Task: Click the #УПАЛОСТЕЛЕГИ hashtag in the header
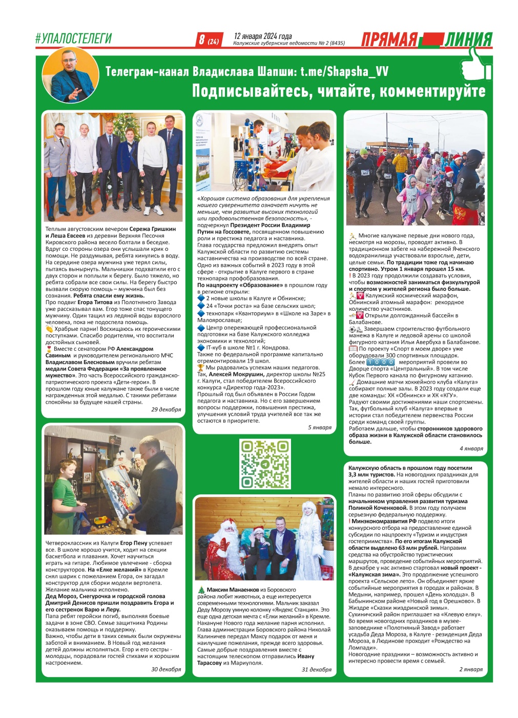coord(73,38)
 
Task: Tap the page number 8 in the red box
coord(202,39)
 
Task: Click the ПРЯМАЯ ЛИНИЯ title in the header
coord(426,39)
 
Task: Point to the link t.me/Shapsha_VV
coord(344,71)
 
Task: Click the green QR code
coord(265,464)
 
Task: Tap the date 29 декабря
coord(165,409)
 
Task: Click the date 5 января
coord(319,427)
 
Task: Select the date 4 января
coord(471,448)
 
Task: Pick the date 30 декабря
coord(165,669)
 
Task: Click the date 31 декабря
coord(316,669)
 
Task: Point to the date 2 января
coord(470,669)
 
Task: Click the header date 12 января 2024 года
coord(263,36)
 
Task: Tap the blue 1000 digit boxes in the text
coord(380,362)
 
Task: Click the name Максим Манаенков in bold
coord(233,590)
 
